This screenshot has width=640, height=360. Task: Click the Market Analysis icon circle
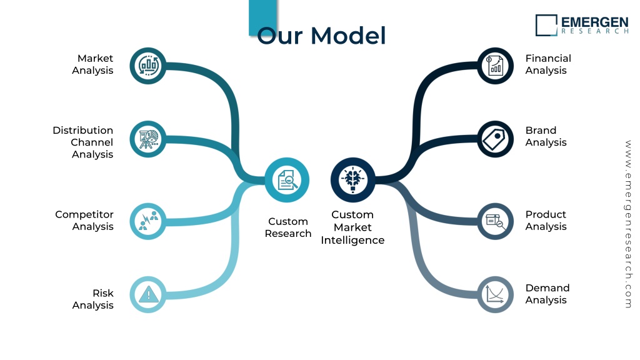click(x=148, y=65)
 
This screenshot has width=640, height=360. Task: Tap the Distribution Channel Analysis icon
click(x=148, y=138)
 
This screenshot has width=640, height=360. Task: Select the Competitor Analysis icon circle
click(x=148, y=221)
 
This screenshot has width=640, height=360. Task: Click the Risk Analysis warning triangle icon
click(x=148, y=293)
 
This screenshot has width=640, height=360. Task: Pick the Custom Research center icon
click(x=287, y=180)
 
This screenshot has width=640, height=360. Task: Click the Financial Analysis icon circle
click(x=496, y=65)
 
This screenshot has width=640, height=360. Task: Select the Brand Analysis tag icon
click(x=496, y=139)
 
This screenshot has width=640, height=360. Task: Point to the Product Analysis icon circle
click(x=496, y=221)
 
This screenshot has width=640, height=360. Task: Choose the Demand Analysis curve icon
click(x=496, y=294)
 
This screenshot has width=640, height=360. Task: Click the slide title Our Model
click(x=321, y=36)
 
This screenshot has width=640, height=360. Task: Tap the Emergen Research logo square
click(x=546, y=25)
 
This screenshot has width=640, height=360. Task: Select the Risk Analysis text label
click(x=93, y=299)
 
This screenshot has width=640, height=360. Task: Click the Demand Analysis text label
click(x=547, y=294)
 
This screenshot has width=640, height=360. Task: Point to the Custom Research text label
click(x=288, y=227)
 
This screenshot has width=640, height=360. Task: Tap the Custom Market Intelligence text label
click(x=352, y=227)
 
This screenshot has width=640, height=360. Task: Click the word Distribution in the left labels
click(x=83, y=131)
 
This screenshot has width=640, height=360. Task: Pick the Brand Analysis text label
click(x=546, y=136)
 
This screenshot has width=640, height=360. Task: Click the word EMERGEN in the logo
click(x=594, y=21)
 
